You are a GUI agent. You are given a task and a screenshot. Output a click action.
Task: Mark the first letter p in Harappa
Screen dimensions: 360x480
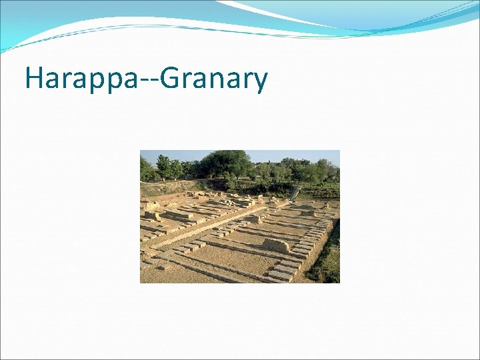coord(93,81)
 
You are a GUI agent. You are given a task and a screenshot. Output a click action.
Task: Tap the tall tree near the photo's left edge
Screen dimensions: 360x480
coord(163,167)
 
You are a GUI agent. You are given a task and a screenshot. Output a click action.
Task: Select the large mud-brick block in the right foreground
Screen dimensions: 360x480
coord(275,245)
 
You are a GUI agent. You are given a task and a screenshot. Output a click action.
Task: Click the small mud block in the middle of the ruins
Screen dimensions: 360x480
coord(253,219)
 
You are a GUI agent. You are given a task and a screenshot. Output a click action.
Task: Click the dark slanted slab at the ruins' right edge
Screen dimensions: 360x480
coord(294,193)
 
